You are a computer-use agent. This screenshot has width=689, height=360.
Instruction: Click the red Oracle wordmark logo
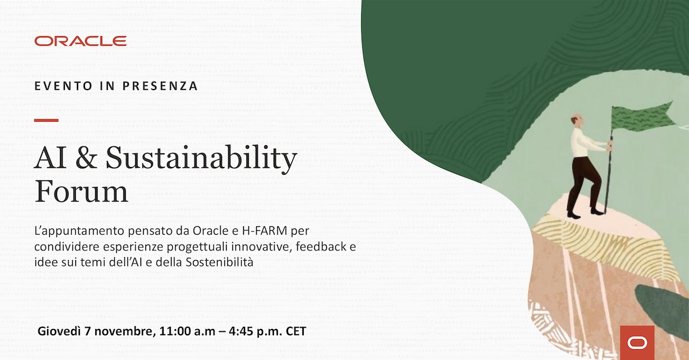pos(80,41)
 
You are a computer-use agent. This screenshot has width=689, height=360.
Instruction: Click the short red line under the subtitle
pos(47,120)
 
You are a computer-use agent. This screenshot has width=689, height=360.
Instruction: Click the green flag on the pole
pos(640,117)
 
